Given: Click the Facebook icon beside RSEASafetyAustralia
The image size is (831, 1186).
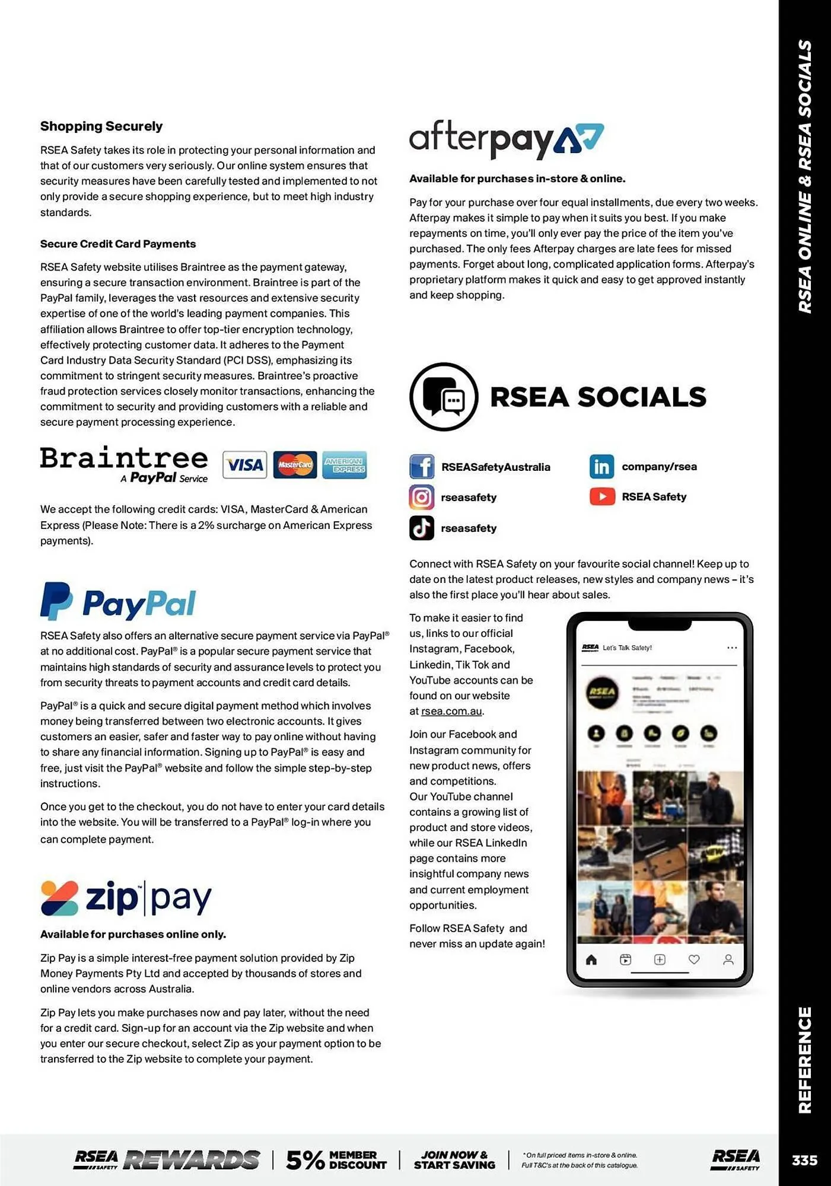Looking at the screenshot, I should [x=422, y=467].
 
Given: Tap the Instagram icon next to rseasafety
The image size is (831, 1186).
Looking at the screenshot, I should [x=422, y=497].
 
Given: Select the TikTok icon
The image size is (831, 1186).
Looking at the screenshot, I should [x=422, y=528].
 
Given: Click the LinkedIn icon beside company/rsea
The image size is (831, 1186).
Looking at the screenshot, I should [x=601, y=467].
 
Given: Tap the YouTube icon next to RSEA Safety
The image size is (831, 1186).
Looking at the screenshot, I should [x=602, y=496].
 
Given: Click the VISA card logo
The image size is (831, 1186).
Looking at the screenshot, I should [x=244, y=465].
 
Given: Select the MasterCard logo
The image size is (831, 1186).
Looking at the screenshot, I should [x=295, y=465].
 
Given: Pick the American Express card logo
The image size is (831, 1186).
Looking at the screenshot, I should [x=344, y=465].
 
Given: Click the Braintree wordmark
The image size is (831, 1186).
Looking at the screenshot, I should [x=124, y=458].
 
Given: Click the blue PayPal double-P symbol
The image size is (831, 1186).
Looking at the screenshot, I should [x=56, y=601].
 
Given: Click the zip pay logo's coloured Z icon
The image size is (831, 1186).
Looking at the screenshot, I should [x=59, y=898].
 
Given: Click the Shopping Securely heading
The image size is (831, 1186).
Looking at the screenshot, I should [x=101, y=126].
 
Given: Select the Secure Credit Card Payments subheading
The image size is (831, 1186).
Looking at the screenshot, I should [x=118, y=244].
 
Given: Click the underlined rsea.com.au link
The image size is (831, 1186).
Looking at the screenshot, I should [x=451, y=711].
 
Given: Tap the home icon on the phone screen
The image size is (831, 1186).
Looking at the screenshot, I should [x=591, y=959].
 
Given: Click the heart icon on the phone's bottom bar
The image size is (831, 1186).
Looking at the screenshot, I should [x=694, y=959].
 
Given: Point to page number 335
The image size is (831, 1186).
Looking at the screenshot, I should [x=804, y=1160].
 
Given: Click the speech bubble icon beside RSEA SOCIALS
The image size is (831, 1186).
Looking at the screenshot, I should [x=444, y=397].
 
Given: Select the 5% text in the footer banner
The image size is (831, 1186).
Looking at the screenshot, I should [x=305, y=1160].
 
